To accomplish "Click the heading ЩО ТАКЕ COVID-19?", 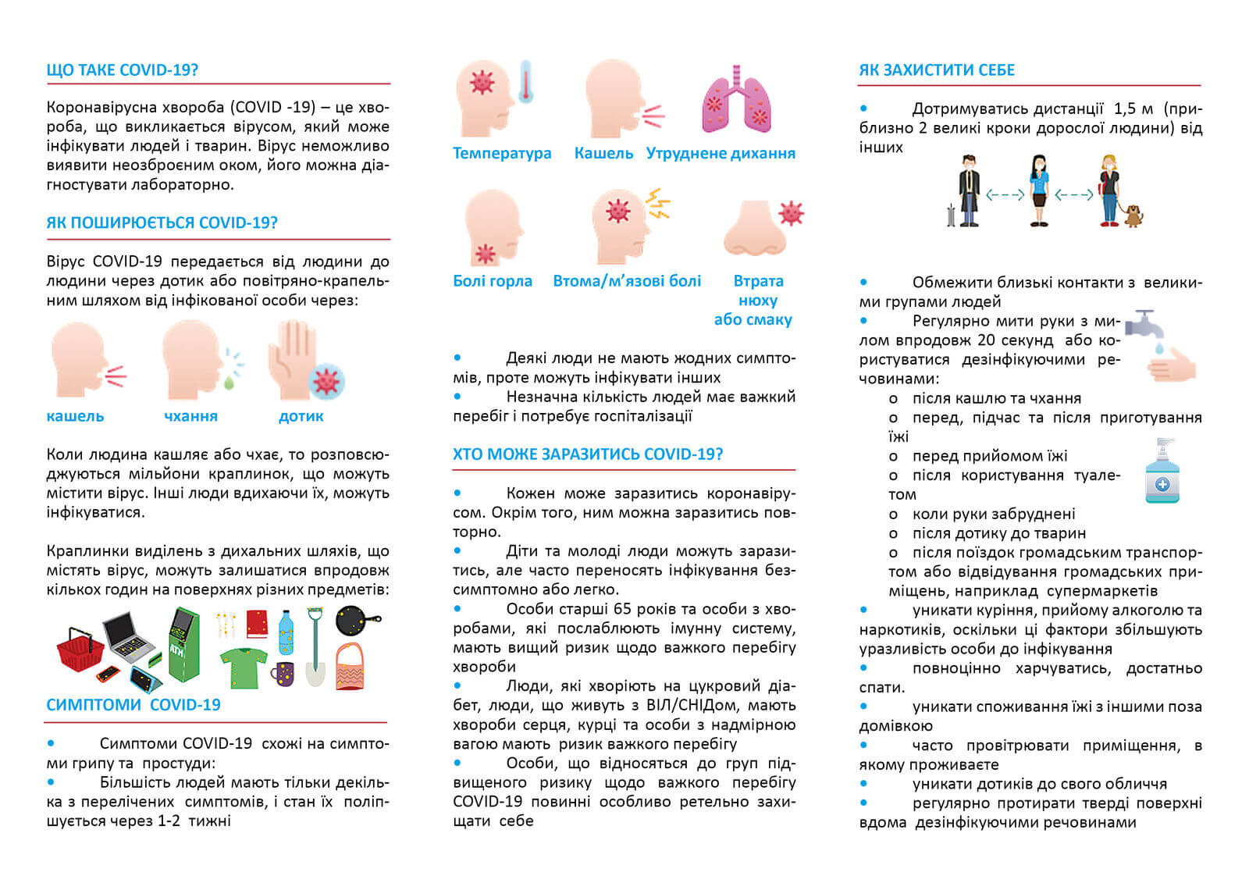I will pyautogui.click(x=122, y=70).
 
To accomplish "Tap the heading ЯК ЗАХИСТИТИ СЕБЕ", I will pyautogui.click(x=937, y=70).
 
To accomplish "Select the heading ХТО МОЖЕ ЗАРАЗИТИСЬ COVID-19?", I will pyautogui.click(x=588, y=454).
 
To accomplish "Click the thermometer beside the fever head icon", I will pyautogui.click(x=525, y=82).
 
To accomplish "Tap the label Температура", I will pyautogui.click(x=502, y=153).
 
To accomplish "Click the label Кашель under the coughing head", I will pyautogui.click(x=603, y=153).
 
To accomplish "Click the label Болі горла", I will pyautogui.click(x=493, y=281).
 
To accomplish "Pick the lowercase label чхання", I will pyautogui.click(x=190, y=416).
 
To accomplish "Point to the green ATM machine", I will pyautogui.click(x=183, y=644).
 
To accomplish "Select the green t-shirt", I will pyautogui.click(x=244, y=668).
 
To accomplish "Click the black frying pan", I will pyautogui.click(x=357, y=621).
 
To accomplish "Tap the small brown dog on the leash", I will pyautogui.click(x=1133, y=215).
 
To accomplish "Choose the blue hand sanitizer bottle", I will pyautogui.click(x=1162, y=472).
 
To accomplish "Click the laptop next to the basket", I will pyautogui.click(x=130, y=636).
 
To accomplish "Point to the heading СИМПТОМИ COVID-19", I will pyautogui.click(x=133, y=705).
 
